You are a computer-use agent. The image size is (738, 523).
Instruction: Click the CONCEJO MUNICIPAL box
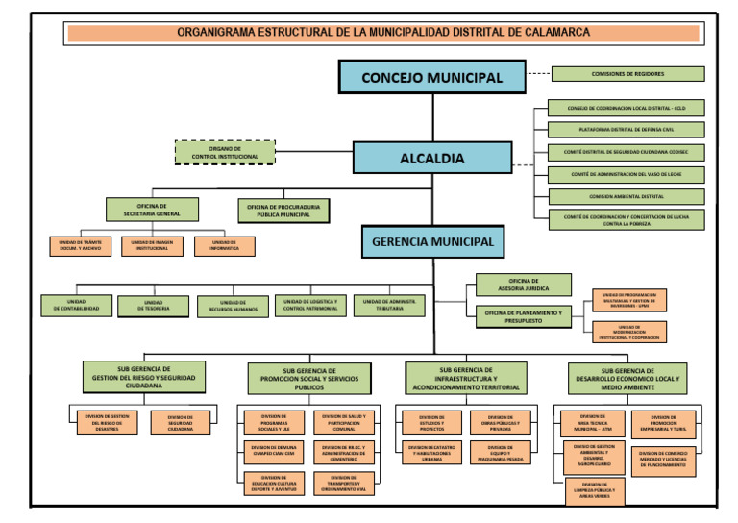click(431, 77)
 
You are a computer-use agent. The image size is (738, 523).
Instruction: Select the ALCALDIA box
click(431, 159)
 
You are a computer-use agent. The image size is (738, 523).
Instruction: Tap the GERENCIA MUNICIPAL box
click(431, 242)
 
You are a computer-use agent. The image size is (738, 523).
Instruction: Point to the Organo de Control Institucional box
click(224, 152)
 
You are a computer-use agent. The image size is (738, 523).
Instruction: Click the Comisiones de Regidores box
click(627, 74)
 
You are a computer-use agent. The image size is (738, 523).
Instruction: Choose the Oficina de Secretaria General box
click(152, 209)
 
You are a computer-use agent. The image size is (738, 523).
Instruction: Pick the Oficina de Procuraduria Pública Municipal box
click(283, 210)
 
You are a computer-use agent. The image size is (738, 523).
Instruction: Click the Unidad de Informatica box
click(223, 246)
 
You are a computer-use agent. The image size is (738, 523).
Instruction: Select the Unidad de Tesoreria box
click(153, 306)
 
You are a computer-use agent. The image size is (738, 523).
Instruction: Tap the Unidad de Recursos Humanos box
click(233, 306)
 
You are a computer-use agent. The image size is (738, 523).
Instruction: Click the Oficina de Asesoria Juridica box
click(524, 285)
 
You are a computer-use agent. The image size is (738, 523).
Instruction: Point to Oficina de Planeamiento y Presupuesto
click(524, 315)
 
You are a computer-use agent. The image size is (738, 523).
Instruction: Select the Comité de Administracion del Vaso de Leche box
click(626, 174)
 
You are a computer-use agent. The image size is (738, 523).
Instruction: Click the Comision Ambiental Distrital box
click(626, 196)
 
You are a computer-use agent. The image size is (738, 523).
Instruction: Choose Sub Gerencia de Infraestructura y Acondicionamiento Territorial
click(466, 378)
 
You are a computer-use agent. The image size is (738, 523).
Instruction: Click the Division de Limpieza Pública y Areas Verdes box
click(594, 490)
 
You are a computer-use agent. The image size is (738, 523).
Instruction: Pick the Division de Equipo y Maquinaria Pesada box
click(500, 452)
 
